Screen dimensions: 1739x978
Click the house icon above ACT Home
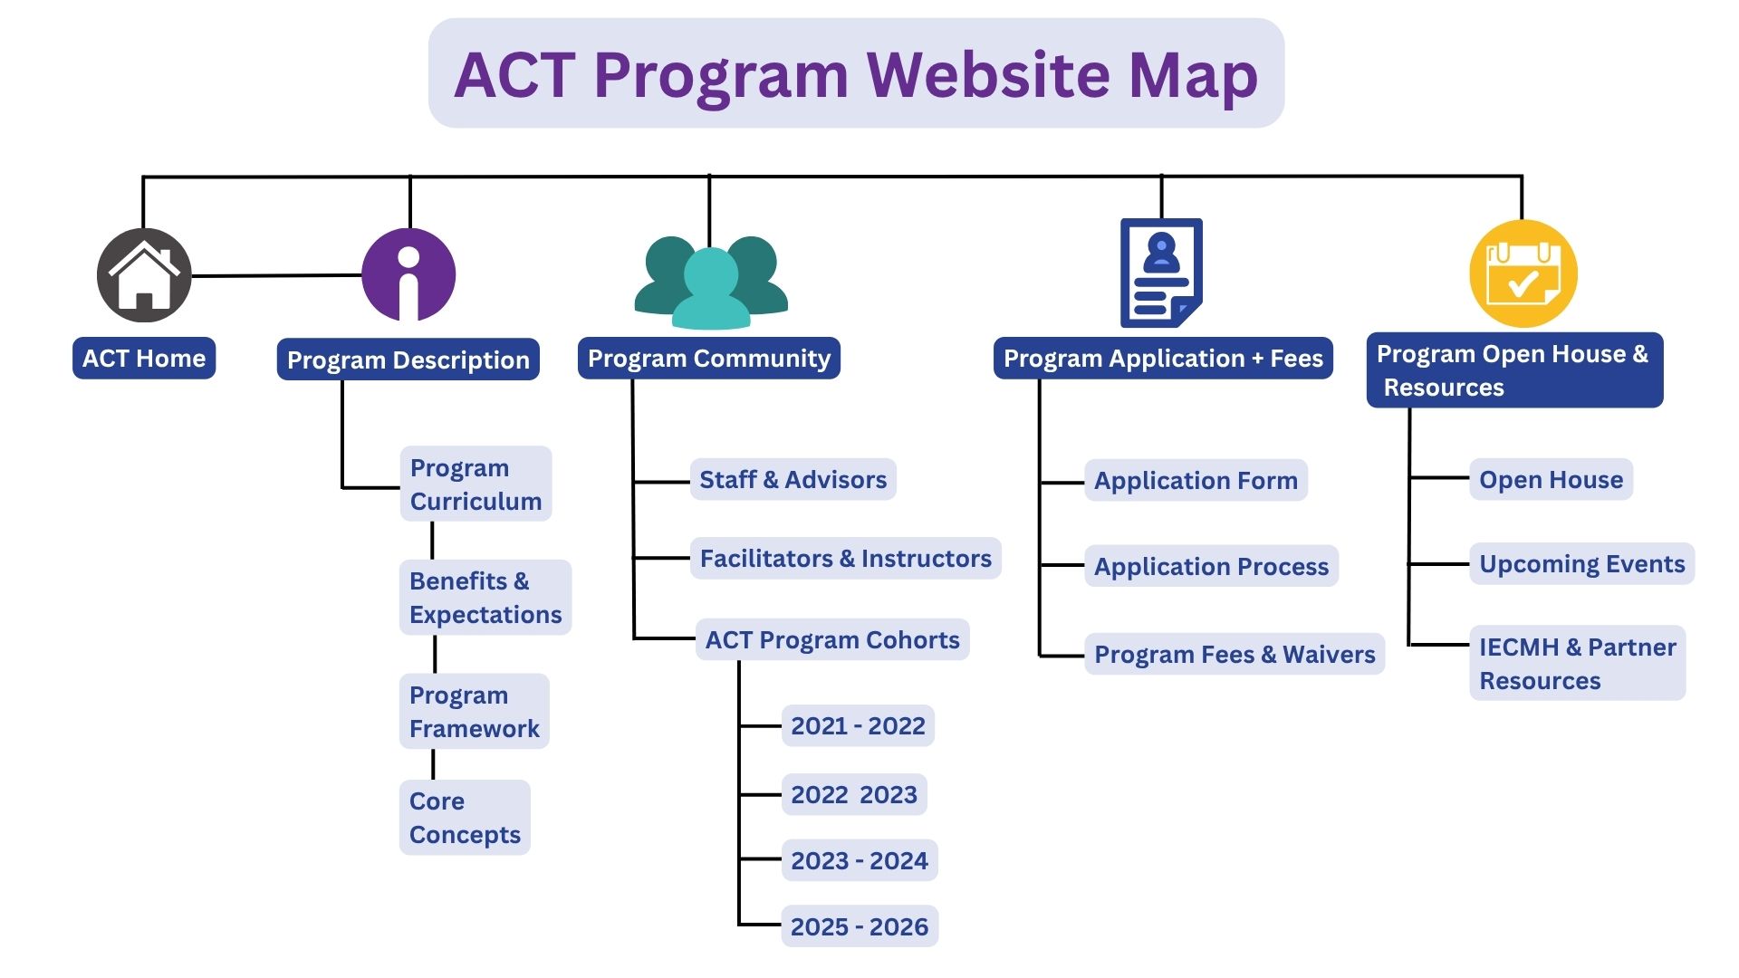click(x=144, y=275)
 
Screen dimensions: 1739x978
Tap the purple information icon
click(x=408, y=275)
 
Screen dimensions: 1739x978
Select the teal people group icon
click(x=711, y=282)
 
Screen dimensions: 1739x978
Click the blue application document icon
click(x=1161, y=273)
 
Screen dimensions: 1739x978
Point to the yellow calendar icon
click(x=1523, y=273)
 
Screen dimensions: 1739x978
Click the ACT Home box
click(x=144, y=358)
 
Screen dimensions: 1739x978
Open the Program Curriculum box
click(x=476, y=484)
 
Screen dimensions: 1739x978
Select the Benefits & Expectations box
click(x=485, y=597)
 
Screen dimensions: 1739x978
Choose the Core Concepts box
click(x=465, y=817)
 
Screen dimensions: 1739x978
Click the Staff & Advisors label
click(x=793, y=479)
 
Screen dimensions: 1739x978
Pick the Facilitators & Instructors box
click(x=846, y=558)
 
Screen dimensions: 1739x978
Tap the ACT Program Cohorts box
click(x=832, y=639)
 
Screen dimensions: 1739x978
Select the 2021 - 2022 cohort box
click(x=858, y=725)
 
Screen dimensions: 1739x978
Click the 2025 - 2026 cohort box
click(x=860, y=926)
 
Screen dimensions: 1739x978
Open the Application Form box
click(x=1196, y=480)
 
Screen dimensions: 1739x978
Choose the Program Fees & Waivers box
click(x=1235, y=654)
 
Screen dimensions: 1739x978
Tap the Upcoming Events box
click(x=1581, y=563)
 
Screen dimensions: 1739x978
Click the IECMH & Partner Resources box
click(x=1577, y=663)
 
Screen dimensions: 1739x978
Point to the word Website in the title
click(x=987, y=74)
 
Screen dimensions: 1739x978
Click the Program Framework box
click(x=474, y=711)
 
